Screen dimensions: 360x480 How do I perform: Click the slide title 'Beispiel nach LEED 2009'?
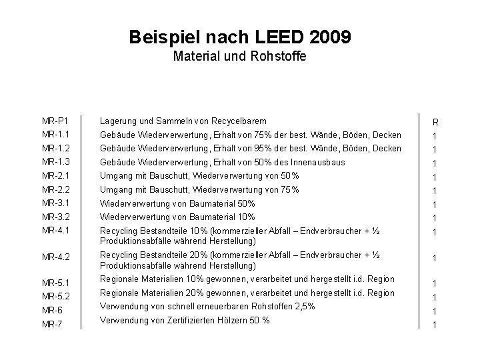click(x=239, y=38)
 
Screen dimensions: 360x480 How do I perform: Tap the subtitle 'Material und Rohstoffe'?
click(x=239, y=57)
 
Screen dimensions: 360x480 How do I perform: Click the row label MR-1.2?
click(x=55, y=149)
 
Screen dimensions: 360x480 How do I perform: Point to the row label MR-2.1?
click(x=55, y=176)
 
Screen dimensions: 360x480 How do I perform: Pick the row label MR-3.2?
click(x=55, y=217)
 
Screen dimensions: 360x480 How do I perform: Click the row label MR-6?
click(x=52, y=311)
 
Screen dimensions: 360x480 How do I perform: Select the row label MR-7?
click(x=52, y=325)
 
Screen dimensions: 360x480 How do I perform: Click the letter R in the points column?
click(x=435, y=123)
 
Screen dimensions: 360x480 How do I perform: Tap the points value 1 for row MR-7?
click(x=435, y=325)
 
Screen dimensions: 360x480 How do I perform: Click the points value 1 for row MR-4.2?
click(x=435, y=258)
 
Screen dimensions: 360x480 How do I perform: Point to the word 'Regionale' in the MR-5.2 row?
click(x=118, y=293)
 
